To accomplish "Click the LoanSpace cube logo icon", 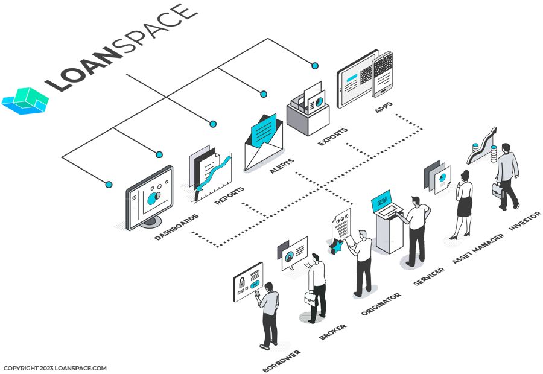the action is click(25, 101).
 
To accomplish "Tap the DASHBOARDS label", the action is click(176, 227).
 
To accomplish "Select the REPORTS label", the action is click(229, 195).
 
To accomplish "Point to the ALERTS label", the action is click(282, 165).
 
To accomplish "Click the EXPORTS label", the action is click(332, 136).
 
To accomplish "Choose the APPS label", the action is click(383, 107).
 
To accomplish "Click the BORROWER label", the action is click(281, 361).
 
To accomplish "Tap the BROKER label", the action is click(332, 331).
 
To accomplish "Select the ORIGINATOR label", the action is click(381, 303).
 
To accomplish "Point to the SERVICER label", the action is click(429, 276).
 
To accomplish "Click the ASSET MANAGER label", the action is click(478, 249).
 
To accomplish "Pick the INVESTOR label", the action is click(525, 221).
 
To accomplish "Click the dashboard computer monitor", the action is click(149, 198).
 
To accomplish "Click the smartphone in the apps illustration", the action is click(383, 74).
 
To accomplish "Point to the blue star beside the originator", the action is click(336, 247).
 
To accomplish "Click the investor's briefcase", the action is click(497, 191).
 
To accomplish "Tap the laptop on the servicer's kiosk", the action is click(386, 204).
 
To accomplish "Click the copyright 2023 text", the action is click(55, 368).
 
